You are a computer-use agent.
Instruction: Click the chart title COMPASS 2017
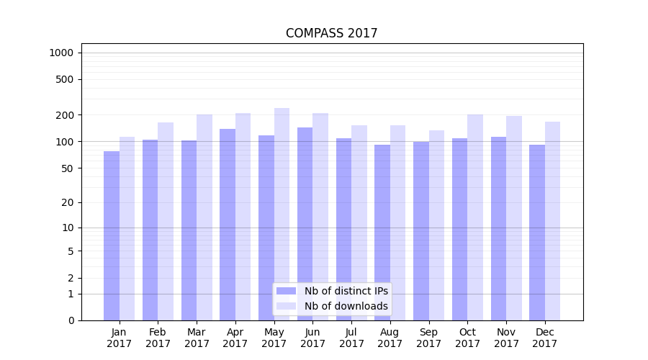(331, 33)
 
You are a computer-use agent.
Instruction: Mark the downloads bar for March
(204, 217)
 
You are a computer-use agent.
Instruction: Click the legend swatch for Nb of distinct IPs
(286, 291)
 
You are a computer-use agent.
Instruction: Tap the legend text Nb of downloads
(346, 306)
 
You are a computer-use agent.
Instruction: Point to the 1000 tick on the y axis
(61, 53)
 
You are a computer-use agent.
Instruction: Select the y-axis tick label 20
(68, 202)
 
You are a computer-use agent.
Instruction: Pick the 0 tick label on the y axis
(71, 320)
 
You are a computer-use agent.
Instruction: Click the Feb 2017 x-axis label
(158, 338)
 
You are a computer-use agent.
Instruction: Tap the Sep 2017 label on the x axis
(428, 338)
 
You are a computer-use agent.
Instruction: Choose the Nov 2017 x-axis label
(506, 338)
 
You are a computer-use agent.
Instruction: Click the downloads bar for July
(359, 222)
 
